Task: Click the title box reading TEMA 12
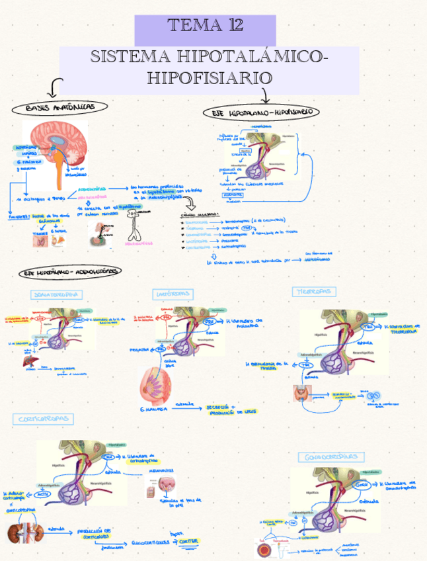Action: coord(205,27)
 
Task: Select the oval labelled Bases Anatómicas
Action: coord(60,107)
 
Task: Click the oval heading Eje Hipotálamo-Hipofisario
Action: coord(261,112)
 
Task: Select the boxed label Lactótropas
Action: coord(174,293)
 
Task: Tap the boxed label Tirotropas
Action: coord(314,292)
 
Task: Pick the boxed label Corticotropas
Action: coord(43,419)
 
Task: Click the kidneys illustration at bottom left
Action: coord(20,533)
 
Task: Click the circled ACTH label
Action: coord(43,494)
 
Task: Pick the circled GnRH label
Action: coord(362,485)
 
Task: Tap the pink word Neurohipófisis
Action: coord(92,196)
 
